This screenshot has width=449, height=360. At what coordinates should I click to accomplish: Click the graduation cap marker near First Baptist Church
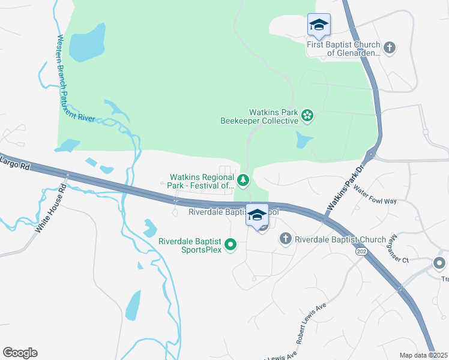click(x=319, y=25)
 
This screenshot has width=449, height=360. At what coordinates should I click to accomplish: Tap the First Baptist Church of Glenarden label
click(x=343, y=49)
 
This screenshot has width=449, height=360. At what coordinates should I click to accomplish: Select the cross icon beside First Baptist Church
click(x=390, y=47)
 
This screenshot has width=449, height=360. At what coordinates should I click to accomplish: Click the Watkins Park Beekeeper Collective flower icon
click(x=307, y=115)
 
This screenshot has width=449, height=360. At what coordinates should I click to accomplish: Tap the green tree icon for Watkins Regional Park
click(x=243, y=179)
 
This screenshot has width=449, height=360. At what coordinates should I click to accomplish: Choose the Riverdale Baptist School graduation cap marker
click(x=258, y=215)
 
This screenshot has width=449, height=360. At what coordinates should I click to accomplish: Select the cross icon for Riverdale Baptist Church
click(x=285, y=239)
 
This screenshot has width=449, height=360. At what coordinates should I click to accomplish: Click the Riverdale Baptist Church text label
click(x=340, y=240)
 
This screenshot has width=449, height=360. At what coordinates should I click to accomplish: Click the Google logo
click(x=20, y=353)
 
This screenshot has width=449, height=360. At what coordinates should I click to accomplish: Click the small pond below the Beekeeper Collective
click(x=304, y=141)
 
